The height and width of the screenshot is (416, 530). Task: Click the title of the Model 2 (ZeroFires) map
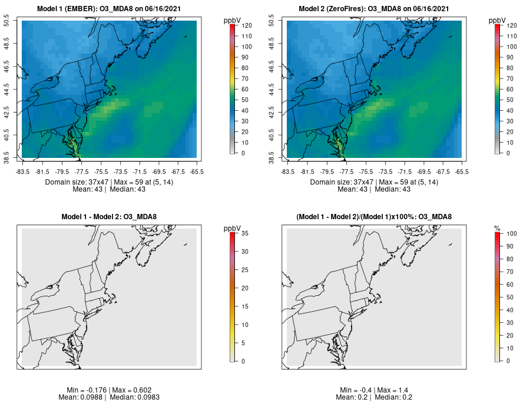[374, 9]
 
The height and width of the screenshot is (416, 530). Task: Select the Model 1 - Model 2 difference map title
[109, 217]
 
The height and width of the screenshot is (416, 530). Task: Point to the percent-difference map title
[374, 217]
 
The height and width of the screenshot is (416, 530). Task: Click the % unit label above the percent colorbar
[497, 228]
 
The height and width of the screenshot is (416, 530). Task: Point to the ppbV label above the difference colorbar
[233, 228]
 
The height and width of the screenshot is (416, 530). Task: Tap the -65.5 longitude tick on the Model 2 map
[462, 171]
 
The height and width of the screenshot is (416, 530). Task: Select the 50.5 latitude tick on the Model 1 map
[14, 21]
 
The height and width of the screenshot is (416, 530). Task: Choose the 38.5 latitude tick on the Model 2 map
[279, 158]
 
